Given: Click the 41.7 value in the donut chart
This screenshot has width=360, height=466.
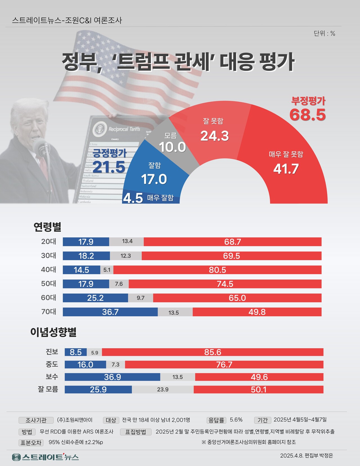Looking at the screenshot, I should coord(286,169).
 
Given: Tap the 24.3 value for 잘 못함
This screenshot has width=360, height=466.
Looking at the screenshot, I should coord(215,136).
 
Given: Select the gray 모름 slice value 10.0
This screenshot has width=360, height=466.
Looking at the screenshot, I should coord(172,147).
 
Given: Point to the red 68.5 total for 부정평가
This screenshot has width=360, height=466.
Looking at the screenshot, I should coord(308,115).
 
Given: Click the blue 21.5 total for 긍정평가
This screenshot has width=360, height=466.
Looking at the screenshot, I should coord(109,167).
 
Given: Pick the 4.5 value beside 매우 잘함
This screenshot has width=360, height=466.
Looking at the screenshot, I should coord(133,198).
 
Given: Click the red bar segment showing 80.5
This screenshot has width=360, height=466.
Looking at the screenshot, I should coord(217,270).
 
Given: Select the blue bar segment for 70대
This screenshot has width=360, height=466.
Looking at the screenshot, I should coord(110,312).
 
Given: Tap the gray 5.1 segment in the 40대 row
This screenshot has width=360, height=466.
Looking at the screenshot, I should coord(107,270).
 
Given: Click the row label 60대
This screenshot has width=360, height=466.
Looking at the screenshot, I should coord(48,298).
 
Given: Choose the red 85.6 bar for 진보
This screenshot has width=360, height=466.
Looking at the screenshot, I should coord(213,352).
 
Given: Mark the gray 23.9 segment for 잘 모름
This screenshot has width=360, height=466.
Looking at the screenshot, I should coord(163,389).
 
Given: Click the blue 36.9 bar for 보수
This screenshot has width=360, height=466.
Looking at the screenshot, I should coord(112,377).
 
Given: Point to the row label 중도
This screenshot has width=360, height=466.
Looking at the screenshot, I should coord(52,364).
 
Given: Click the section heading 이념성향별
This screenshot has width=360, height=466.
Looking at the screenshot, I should coord(53,332).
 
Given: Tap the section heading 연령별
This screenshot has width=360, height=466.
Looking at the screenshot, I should coord(47,227).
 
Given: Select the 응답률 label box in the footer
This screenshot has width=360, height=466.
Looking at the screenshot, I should coord(216,420).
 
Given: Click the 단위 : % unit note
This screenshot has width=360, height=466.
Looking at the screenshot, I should coord(324,33).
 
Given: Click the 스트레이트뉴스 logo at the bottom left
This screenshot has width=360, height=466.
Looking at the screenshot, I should coord(46,457).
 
